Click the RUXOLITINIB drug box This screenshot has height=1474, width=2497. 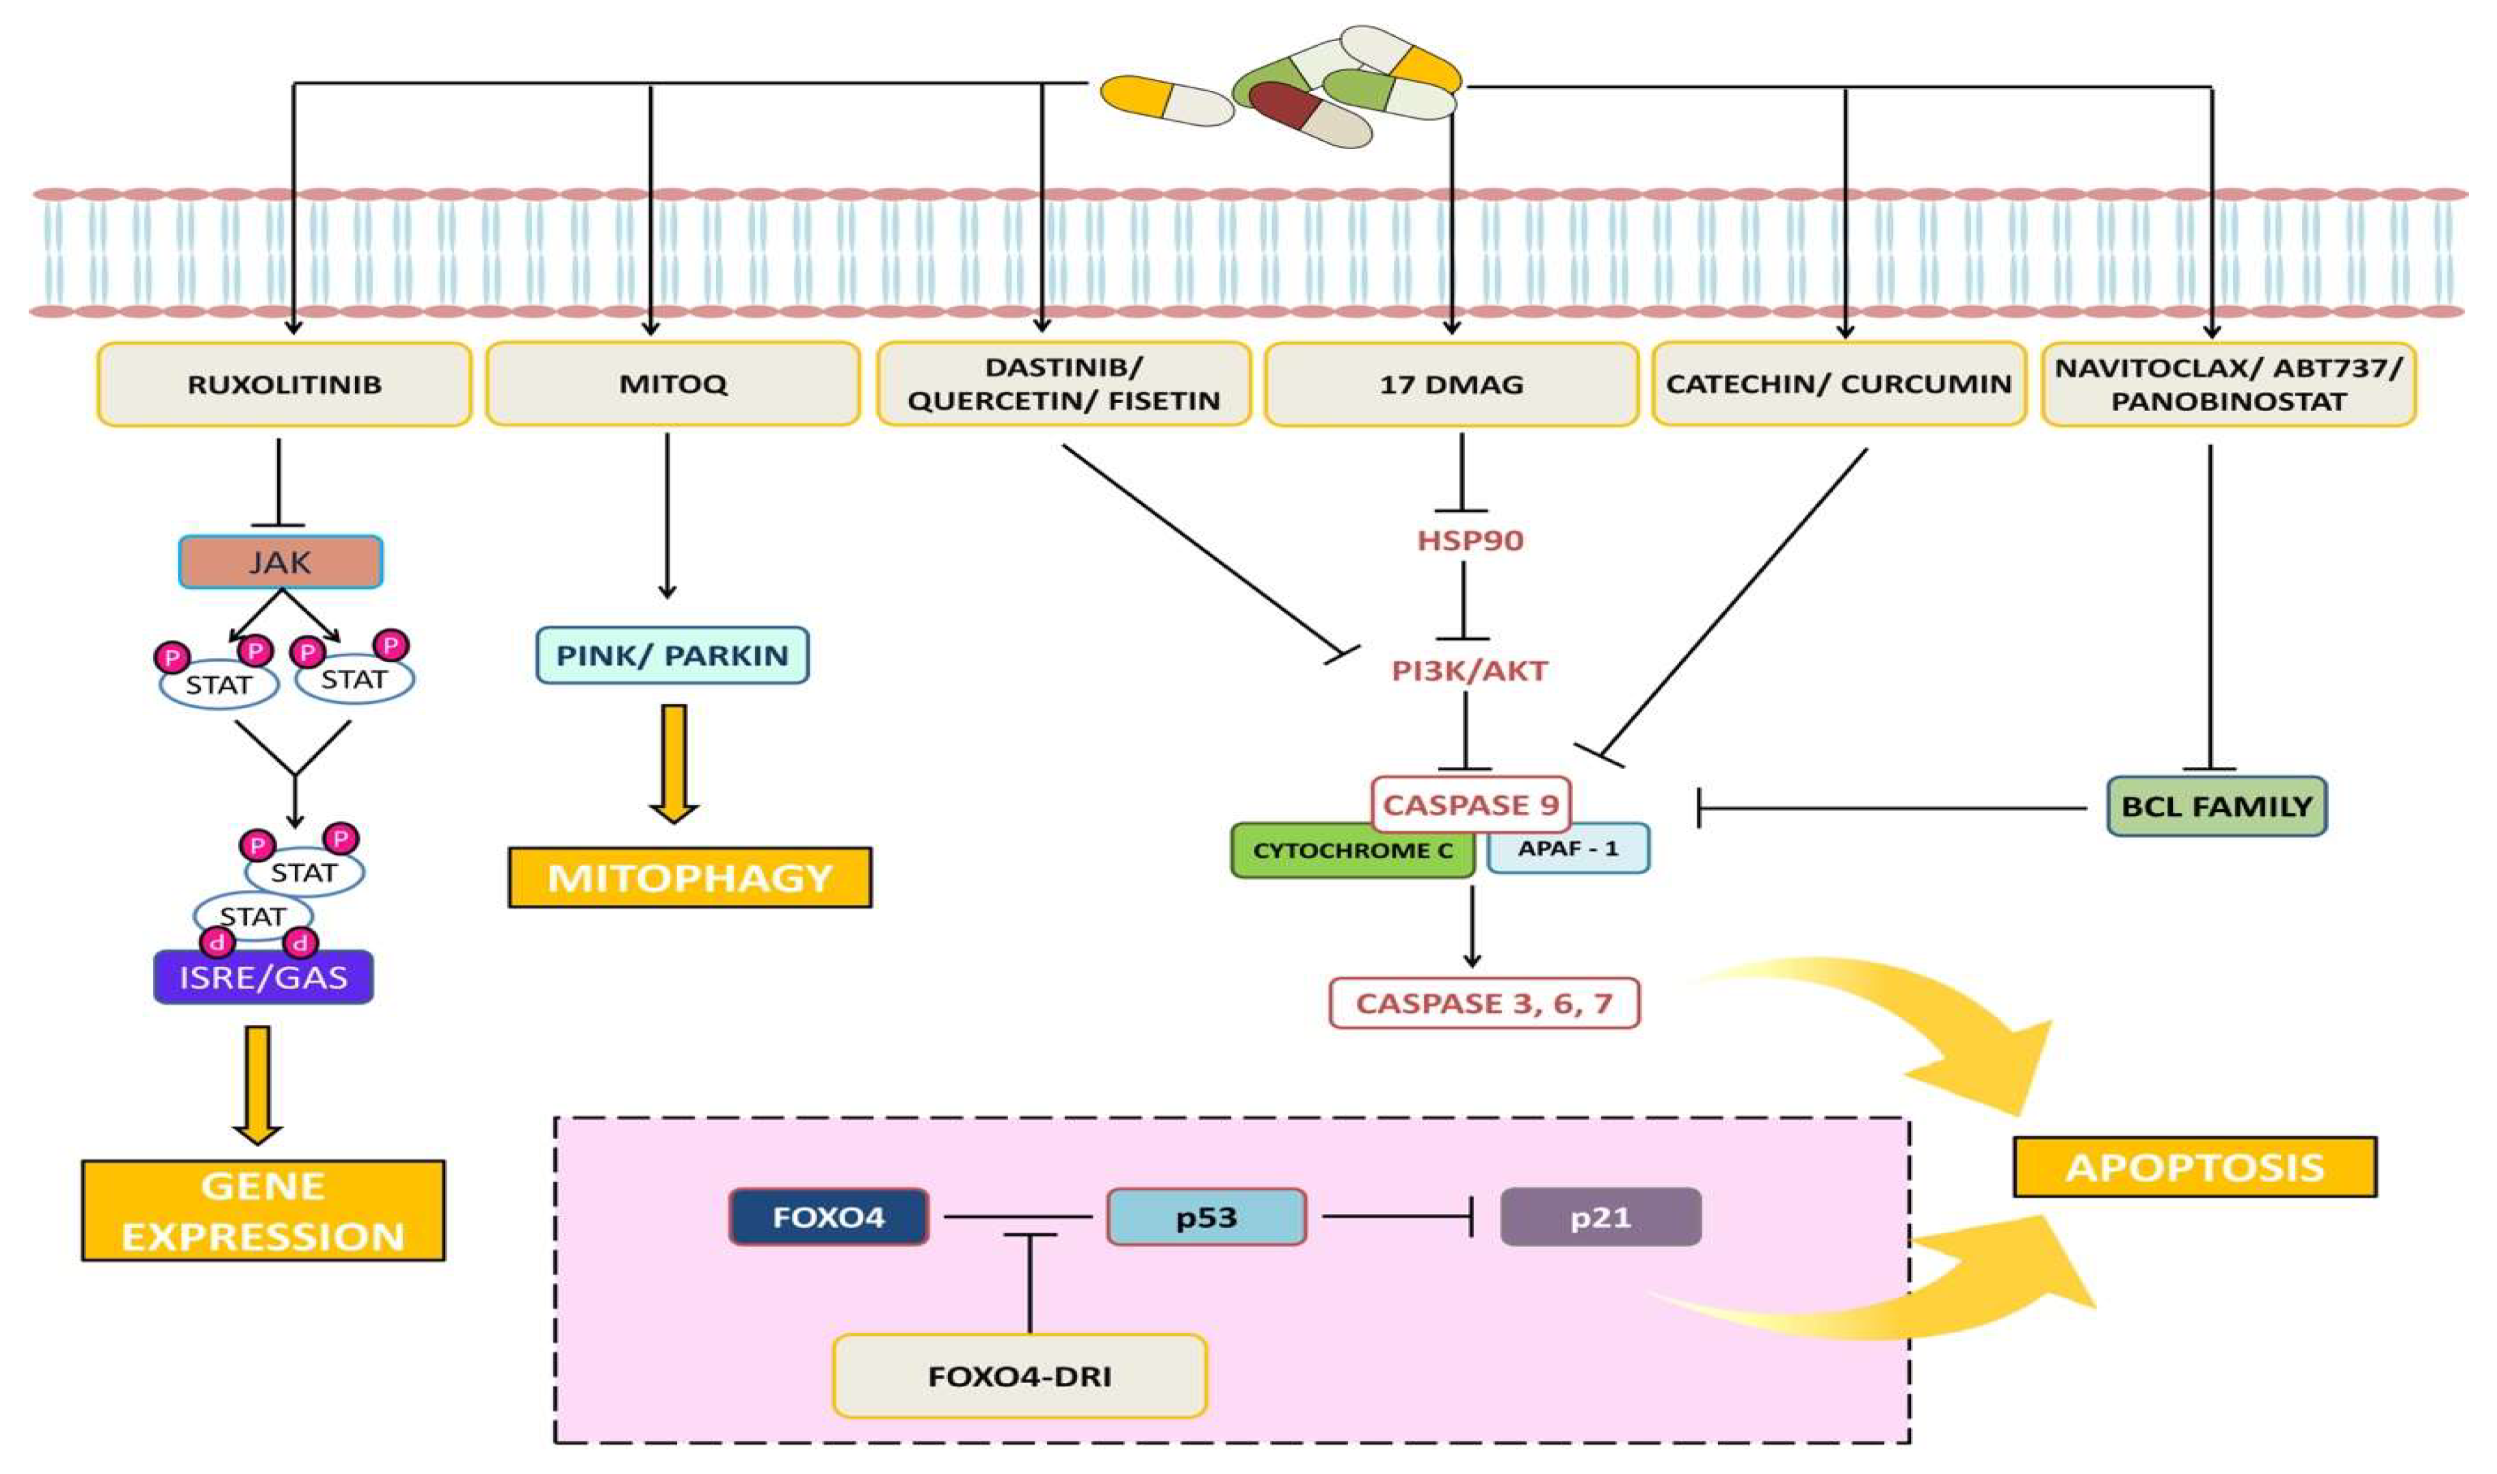pos(284,384)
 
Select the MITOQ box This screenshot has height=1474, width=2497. pos(672,384)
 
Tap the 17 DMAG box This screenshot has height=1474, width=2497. pos(1451,384)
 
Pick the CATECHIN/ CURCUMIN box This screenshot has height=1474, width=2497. pos(1838,384)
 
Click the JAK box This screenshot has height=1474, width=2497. pos(280,562)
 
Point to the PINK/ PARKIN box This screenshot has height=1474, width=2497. pos(672,655)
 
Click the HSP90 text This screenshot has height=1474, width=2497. pos(1470,540)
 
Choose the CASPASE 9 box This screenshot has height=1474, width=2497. pos(1470,804)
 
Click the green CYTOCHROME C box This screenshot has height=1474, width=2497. pos(1352,851)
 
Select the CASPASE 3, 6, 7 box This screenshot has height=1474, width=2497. pos(1483,1003)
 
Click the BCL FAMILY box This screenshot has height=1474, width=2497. pos(2216,806)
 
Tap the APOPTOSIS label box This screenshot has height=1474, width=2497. pos(2194,1167)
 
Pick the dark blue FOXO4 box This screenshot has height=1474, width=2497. pos(828,1217)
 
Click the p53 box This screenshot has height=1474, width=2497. pos(1206,1217)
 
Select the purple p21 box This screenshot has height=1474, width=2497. pos(1600,1217)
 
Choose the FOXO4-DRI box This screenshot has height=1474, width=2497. pos(1020,1376)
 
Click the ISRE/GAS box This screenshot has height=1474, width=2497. pos(263,977)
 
